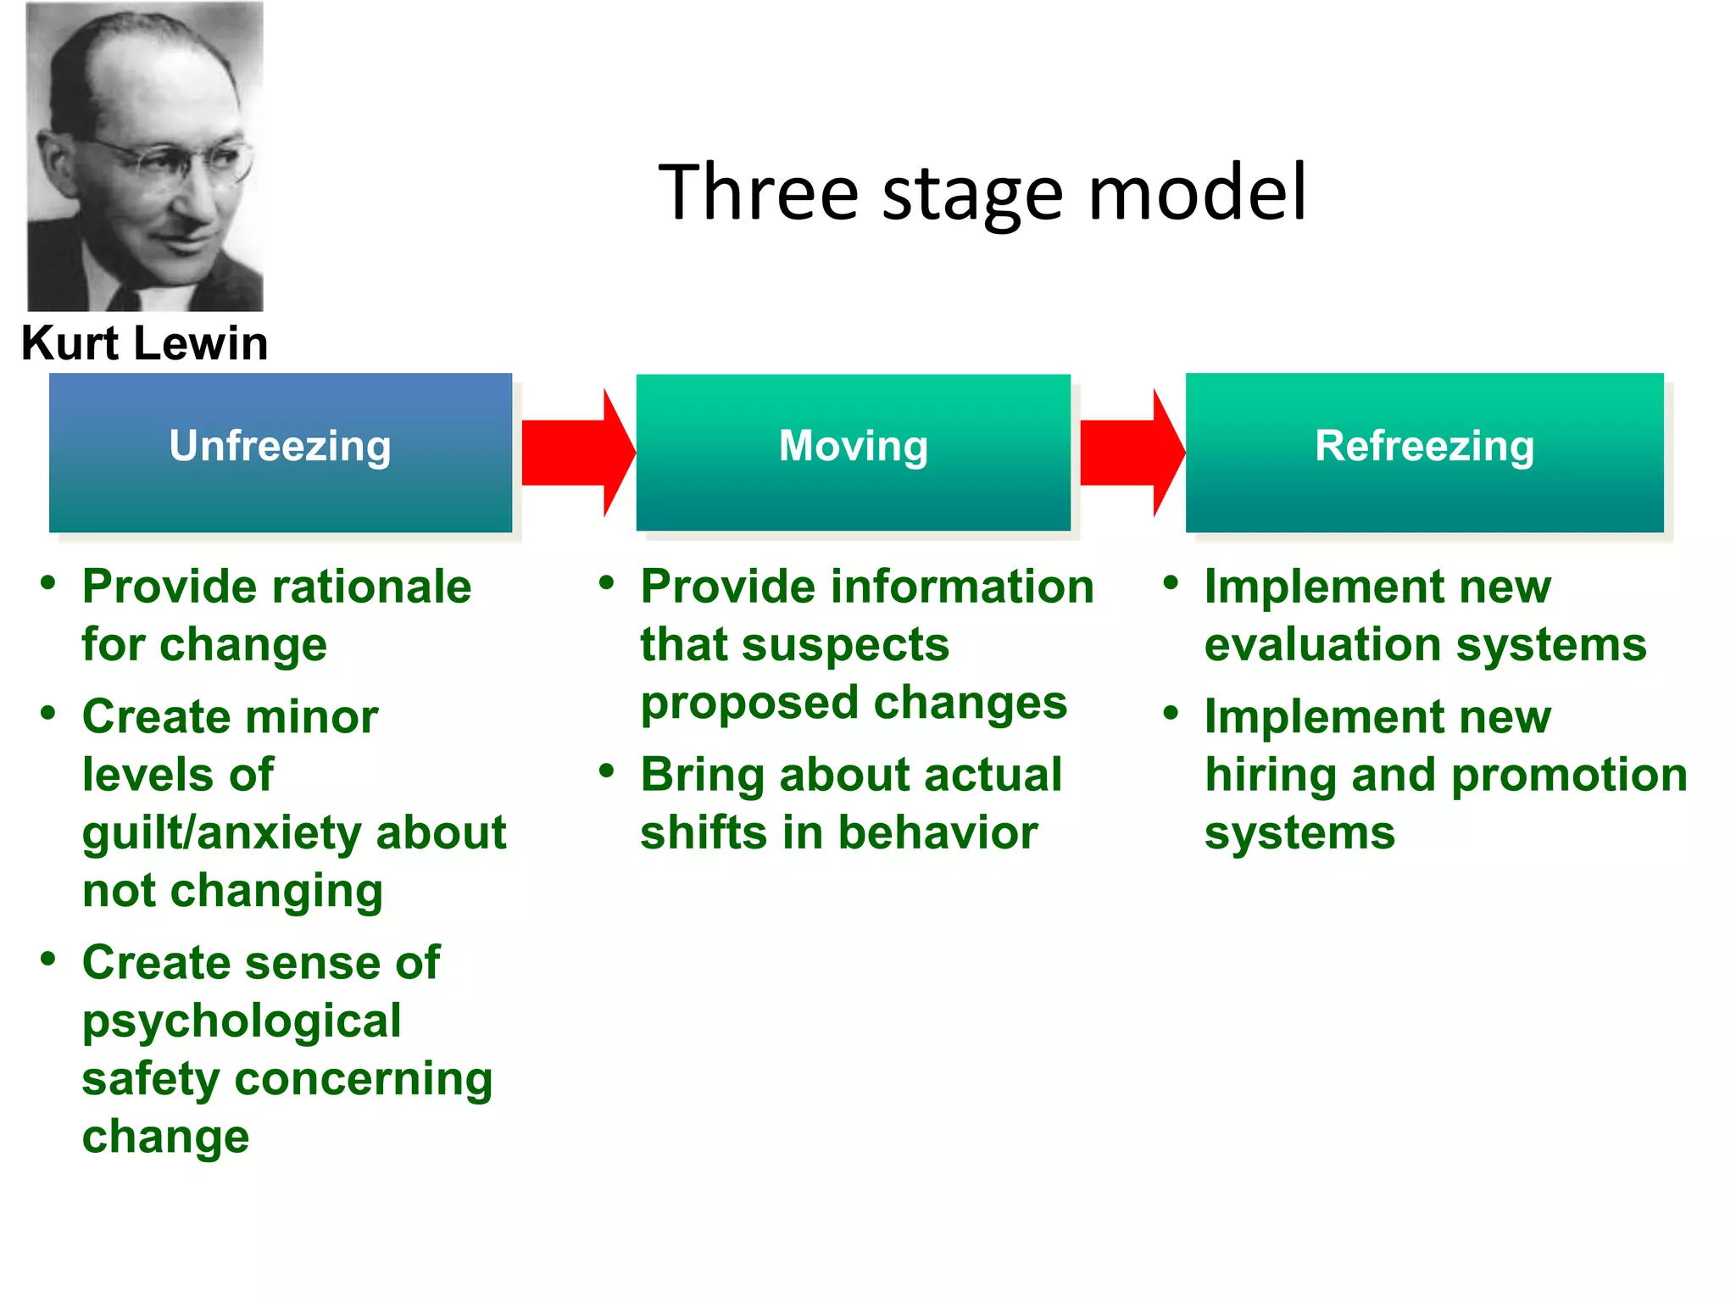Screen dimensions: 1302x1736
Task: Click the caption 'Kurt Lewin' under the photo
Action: coord(145,343)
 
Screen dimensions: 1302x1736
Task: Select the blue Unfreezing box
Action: coord(280,452)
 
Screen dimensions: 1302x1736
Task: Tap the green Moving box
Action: coord(853,452)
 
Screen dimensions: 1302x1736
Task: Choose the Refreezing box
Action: coord(1424,452)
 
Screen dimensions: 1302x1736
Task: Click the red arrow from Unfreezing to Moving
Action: coord(576,453)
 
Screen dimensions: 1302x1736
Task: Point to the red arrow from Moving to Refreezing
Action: coord(1130,453)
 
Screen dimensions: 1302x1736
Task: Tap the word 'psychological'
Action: coord(242,1021)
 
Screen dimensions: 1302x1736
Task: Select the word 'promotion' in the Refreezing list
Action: coord(1569,776)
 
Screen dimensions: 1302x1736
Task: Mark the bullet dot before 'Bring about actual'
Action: coord(606,771)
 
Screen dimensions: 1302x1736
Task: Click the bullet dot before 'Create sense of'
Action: coord(48,960)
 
